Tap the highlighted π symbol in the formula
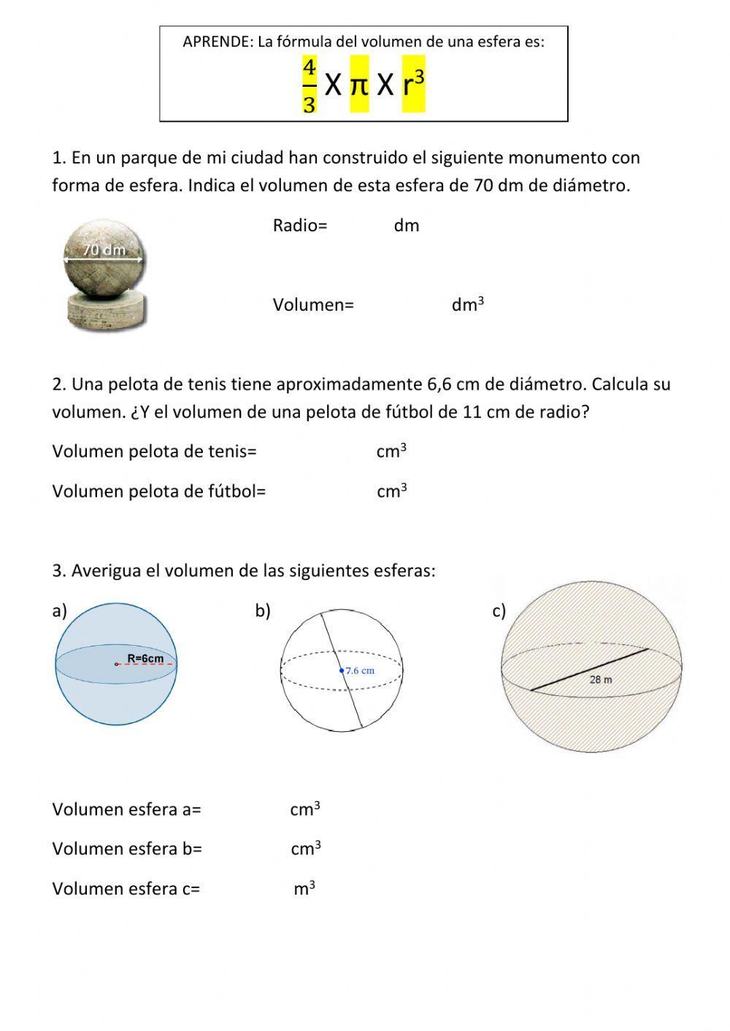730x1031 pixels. (359, 85)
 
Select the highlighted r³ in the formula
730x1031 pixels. (413, 84)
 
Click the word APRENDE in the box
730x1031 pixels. (216, 42)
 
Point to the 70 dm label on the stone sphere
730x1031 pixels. (104, 250)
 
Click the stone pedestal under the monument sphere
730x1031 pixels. (106, 309)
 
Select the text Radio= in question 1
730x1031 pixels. (300, 225)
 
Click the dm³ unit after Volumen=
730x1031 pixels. (468, 305)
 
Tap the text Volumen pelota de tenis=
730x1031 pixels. (154, 452)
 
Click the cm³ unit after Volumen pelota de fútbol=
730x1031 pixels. (392, 491)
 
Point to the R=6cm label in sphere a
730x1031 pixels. (145, 658)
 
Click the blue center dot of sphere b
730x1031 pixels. (341, 670)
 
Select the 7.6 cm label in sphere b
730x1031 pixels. (360, 670)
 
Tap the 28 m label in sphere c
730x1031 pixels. (600, 679)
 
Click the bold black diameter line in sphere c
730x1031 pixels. (589, 669)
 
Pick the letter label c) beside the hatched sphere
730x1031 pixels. (499, 611)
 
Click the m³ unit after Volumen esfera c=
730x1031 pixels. (304, 889)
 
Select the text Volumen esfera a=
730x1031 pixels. (126, 809)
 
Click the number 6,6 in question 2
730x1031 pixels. (438, 384)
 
